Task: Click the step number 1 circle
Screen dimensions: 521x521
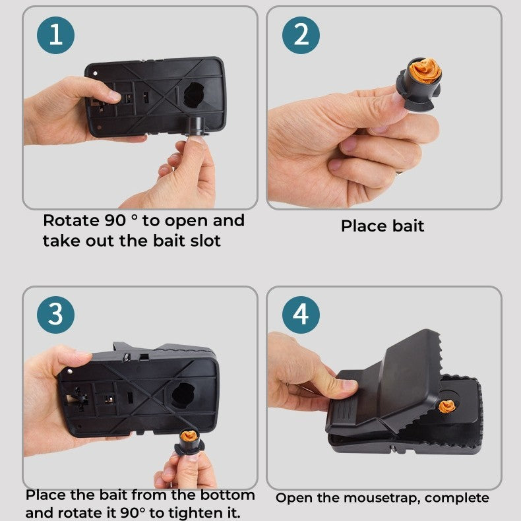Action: coord(56,35)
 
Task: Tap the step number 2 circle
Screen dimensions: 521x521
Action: coord(301,35)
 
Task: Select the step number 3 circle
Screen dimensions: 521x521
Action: coord(56,315)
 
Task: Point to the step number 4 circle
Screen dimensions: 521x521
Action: coord(301,315)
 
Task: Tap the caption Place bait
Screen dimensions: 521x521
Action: coord(383,226)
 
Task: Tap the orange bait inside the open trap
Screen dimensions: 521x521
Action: coord(447,406)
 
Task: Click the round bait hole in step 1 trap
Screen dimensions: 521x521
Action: coord(194,95)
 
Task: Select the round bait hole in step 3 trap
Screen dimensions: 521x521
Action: coord(183,396)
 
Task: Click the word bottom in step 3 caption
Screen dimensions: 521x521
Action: coord(228,495)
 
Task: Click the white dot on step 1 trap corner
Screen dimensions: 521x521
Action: coord(96,73)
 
